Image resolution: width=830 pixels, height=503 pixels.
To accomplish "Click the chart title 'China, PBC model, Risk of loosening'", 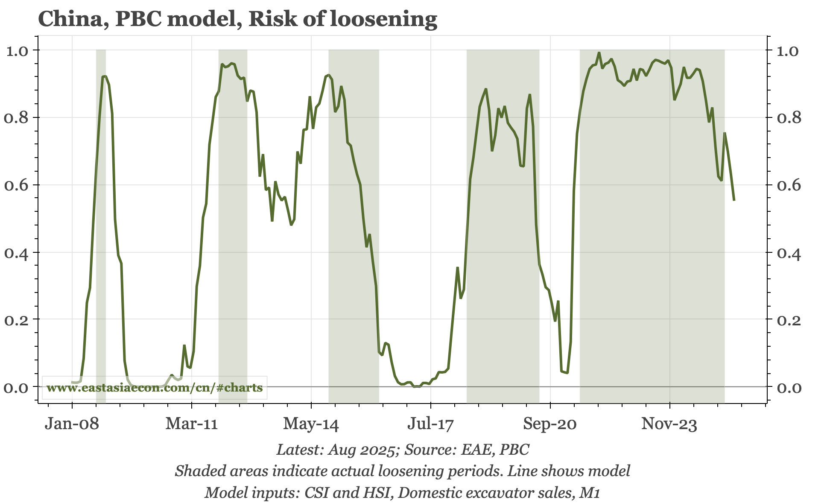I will [237, 19].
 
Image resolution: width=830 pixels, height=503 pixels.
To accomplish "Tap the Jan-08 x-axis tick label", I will [72, 424].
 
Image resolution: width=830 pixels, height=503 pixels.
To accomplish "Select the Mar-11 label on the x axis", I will [192, 424].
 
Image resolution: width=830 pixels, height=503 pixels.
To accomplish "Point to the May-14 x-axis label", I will [311, 424].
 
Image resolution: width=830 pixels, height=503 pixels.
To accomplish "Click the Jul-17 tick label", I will [430, 424].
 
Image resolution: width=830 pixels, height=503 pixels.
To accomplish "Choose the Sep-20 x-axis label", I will [550, 424].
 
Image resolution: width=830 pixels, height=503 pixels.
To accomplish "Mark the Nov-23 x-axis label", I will [669, 424].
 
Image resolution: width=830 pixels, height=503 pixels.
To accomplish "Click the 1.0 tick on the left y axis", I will [16, 51].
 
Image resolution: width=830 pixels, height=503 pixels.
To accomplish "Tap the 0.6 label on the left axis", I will [16, 185].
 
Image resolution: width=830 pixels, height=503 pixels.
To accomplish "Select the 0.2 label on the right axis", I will [789, 320].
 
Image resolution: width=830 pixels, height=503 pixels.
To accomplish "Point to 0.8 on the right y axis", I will [789, 118].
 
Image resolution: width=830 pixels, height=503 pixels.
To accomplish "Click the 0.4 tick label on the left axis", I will [16, 253].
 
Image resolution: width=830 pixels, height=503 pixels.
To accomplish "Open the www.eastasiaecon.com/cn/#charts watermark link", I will [155, 388].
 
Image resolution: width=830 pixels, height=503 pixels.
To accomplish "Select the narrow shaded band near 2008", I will [101, 213].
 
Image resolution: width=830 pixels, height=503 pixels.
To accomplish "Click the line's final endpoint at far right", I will [734, 200].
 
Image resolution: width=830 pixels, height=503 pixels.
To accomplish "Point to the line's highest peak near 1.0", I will [599, 53].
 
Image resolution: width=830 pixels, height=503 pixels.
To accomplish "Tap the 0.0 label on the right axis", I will [789, 388].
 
